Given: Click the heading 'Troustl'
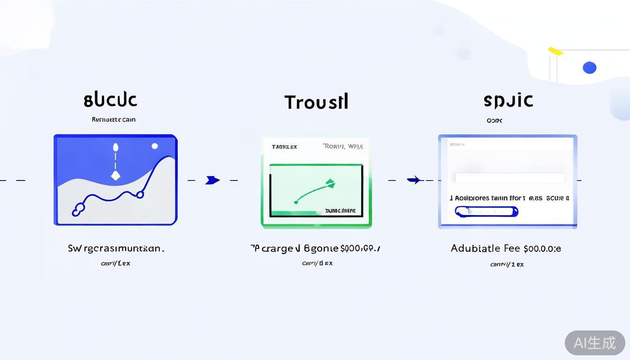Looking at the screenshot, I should (x=316, y=102).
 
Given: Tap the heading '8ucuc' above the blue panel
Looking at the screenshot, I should (x=111, y=100).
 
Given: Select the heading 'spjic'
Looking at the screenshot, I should (x=508, y=100).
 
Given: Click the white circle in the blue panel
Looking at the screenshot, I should (x=155, y=146).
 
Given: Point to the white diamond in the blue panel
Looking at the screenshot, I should (x=115, y=175).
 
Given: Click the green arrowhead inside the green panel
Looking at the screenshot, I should (x=330, y=183).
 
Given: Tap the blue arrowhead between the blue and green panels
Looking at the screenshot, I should (x=212, y=180).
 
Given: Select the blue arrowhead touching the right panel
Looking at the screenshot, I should (x=413, y=180).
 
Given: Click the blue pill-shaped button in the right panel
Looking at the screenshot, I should (x=486, y=211).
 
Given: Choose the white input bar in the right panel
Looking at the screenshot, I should (x=510, y=178).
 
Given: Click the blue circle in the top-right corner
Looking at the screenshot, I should (x=589, y=67).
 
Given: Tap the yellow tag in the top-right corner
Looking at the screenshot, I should (x=555, y=51).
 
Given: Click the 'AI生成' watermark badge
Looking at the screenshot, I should (x=594, y=343).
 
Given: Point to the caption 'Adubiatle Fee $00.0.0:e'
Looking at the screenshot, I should (x=506, y=248).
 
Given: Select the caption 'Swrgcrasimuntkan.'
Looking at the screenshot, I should (x=116, y=248).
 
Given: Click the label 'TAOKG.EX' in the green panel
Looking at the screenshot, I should (x=284, y=147).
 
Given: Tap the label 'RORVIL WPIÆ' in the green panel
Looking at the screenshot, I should (x=343, y=146).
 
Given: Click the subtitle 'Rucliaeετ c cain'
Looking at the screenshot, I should (x=113, y=120).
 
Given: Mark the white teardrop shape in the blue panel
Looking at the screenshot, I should (x=115, y=147).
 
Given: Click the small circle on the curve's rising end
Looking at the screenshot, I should (x=140, y=195).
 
